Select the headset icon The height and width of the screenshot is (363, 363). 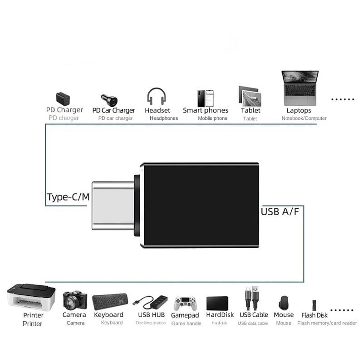(x=157, y=97)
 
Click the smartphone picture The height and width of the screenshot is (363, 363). (x=206, y=98)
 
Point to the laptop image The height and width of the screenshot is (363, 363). (x=300, y=88)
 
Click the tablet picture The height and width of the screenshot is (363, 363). (x=250, y=96)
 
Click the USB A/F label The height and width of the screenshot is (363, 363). (x=280, y=211)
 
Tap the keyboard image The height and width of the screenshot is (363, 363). (x=110, y=301)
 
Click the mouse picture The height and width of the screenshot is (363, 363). (x=284, y=303)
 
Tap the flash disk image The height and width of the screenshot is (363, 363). (x=314, y=304)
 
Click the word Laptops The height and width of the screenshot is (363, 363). (x=299, y=110)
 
